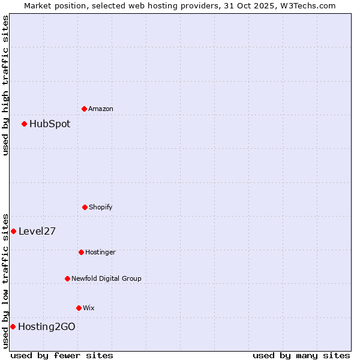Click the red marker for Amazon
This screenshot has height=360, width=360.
(84, 109)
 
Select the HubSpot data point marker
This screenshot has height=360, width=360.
(25, 124)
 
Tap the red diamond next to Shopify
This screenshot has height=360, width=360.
(85, 207)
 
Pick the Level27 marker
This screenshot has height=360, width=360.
(13, 231)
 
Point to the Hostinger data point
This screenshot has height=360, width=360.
(81, 252)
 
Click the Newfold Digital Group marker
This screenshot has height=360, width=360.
(67, 278)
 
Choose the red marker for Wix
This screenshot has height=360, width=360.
(79, 308)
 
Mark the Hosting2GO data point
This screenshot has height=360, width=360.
(13, 326)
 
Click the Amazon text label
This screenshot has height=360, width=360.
(101, 109)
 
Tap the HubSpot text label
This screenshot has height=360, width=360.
(50, 124)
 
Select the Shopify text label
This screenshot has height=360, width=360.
(101, 207)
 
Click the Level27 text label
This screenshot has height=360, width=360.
(37, 231)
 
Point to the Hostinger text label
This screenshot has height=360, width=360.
(100, 252)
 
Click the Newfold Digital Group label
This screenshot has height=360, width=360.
(106, 278)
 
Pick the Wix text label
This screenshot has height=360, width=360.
(89, 308)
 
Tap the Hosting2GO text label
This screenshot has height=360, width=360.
(47, 326)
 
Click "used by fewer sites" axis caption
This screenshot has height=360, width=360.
(62, 355)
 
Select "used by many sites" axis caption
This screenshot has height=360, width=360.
(301, 355)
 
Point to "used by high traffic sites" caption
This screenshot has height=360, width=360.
(5, 85)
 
